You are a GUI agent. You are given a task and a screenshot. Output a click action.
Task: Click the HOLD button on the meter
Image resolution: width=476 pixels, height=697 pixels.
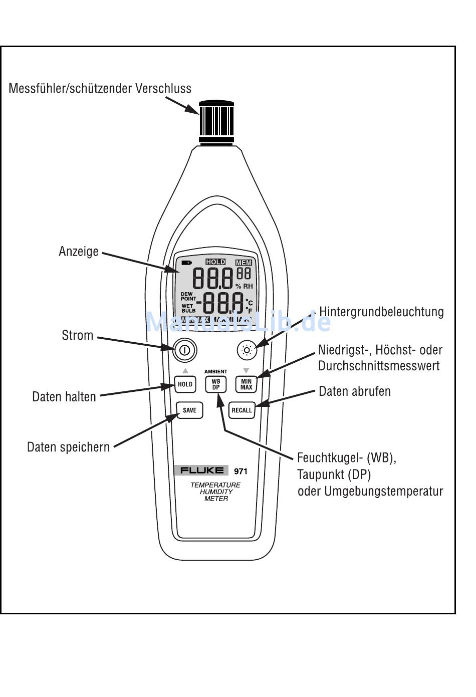[185, 384]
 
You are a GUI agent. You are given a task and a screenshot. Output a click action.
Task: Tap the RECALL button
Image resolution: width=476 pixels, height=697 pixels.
[242, 410]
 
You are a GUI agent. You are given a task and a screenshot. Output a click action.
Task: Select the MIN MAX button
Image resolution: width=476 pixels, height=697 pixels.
[246, 384]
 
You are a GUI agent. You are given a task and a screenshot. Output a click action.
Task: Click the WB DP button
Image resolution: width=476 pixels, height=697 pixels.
[216, 384]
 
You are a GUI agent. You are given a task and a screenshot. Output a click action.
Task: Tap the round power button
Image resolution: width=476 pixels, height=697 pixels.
[184, 350]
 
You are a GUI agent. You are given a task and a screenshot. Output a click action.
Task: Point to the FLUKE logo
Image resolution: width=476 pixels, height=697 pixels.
[202, 471]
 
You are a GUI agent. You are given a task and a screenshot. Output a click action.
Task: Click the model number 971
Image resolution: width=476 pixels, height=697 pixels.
[241, 471]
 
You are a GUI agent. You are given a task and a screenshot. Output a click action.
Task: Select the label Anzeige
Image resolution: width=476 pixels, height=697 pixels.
[79, 252]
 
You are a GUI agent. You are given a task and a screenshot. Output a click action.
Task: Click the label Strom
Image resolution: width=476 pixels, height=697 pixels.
[78, 335]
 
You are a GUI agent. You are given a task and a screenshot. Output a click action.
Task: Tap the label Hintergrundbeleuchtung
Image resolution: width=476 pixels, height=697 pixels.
[381, 312]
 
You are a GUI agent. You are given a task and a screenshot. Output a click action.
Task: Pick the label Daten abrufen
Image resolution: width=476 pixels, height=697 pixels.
[355, 391]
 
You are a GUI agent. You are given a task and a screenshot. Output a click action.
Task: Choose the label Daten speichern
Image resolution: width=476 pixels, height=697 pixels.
[68, 447]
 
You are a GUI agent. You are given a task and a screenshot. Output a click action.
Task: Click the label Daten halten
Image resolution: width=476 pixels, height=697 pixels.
[64, 397]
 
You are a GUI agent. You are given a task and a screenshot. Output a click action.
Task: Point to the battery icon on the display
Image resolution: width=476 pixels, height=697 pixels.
[186, 263]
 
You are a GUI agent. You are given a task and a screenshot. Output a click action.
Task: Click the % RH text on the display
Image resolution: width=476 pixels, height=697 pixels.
[244, 286]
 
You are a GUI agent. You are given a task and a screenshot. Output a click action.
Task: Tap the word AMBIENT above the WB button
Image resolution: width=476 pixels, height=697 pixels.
[216, 372]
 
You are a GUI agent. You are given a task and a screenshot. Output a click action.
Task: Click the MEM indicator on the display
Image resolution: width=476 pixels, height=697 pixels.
[244, 263]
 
